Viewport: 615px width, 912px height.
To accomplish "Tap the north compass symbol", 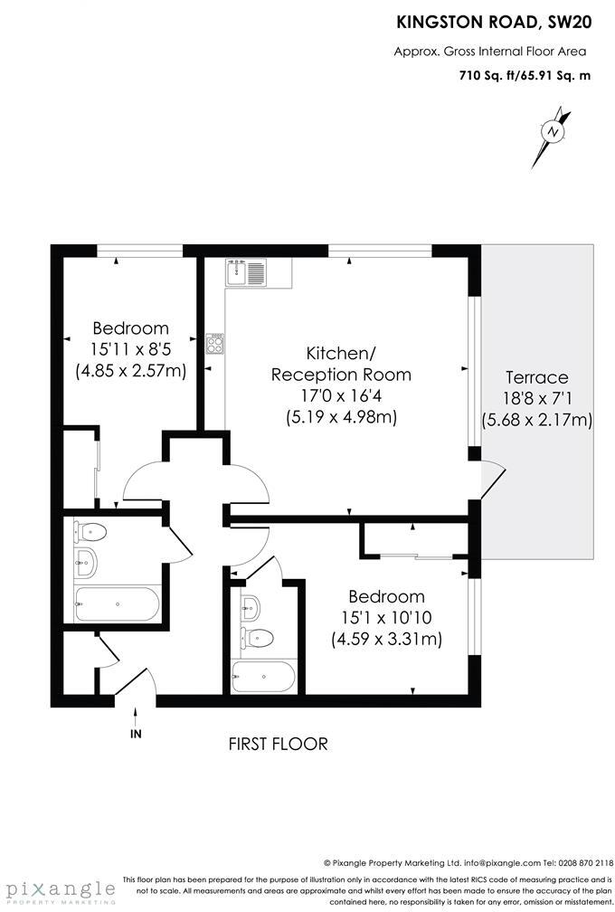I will [x=553, y=131].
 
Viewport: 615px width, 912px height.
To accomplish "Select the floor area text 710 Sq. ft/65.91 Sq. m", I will [x=525, y=76].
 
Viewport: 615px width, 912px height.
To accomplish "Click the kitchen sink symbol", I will [x=247, y=271].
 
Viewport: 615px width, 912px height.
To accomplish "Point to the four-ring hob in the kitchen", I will [x=216, y=343].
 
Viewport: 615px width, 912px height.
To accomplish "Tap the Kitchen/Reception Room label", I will [x=340, y=363].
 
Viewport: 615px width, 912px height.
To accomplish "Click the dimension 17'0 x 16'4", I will [x=340, y=395].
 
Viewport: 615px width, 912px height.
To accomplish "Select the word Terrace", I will [x=536, y=377].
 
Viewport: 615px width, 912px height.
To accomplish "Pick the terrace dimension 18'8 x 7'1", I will [x=536, y=398].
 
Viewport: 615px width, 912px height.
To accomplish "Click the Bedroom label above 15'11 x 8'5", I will [x=130, y=328].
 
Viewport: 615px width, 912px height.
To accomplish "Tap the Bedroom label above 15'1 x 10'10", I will [x=386, y=597].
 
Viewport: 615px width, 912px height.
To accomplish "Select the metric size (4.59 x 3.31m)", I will [x=386, y=640].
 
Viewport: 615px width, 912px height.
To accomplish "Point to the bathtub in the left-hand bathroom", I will [x=116, y=601].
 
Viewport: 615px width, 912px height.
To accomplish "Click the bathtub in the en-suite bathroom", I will [x=263, y=674].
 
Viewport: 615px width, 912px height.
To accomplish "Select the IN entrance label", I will [x=136, y=734].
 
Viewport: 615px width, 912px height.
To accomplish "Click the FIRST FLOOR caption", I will [x=278, y=744].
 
